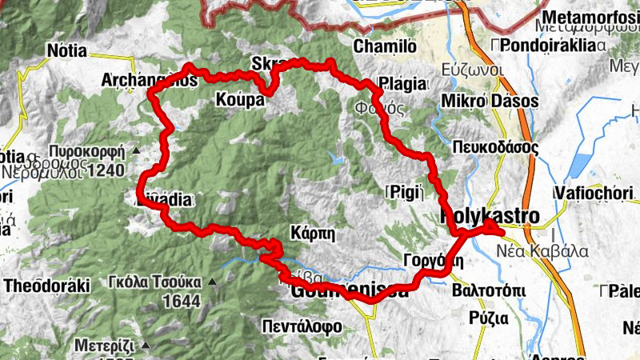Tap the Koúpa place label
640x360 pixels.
click(240, 100)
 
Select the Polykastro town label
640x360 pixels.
click(490, 216)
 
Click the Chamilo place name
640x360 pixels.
click(385, 46)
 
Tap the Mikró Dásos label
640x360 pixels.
click(490, 102)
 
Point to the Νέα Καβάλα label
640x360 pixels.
click(555, 251)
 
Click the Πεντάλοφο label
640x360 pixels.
click(302, 326)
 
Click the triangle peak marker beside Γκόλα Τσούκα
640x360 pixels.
click(212, 281)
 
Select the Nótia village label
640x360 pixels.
click(66, 50)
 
